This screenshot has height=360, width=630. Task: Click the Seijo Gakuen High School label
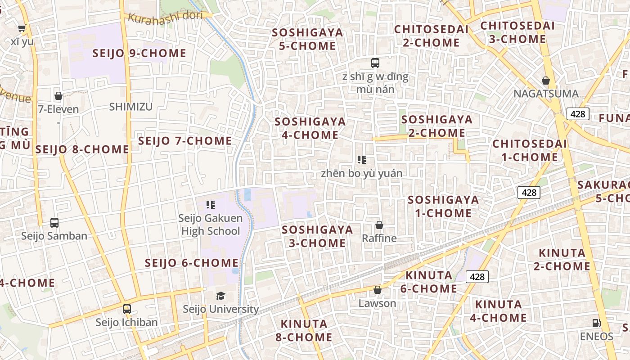pyautogui.click(x=210, y=225)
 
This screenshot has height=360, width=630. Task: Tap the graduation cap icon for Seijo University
pyautogui.click(x=220, y=296)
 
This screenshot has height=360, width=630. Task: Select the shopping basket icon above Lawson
pyautogui.click(x=378, y=290)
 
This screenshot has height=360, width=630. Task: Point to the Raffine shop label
pyautogui.click(x=379, y=238)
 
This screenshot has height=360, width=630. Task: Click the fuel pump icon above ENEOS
pyautogui.click(x=596, y=323)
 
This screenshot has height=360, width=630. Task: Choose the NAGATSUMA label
pyautogui.click(x=546, y=94)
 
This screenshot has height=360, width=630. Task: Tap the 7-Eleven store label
pyautogui.click(x=58, y=109)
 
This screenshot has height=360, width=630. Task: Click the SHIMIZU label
pyautogui.click(x=131, y=107)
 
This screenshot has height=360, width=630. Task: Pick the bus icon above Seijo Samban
pyautogui.click(x=54, y=222)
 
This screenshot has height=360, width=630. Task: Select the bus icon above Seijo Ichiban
pyautogui.click(x=127, y=309)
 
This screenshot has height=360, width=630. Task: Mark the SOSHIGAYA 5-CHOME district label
pyautogui.click(x=307, y=39)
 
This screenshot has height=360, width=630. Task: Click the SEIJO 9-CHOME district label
pyautogui.click(x=139, y=53)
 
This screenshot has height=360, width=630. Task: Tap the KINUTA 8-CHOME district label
pyautogui.click(x=306, y=330)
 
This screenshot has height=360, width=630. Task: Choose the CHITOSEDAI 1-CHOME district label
pyautogui.click(x=529, y=150)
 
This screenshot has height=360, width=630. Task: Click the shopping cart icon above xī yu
pyautogui.click(x=22, y=28)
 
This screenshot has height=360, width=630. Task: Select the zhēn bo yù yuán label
pyautogui.click(x=362, y=173)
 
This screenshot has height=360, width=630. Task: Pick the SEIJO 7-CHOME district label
pyautogui.click(x=185, y=141)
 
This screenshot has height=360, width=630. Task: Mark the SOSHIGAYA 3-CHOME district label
pyautogui.click(x=317, y=236)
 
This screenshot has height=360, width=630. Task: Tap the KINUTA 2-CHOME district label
pyautogui.click(x=562, y=259)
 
